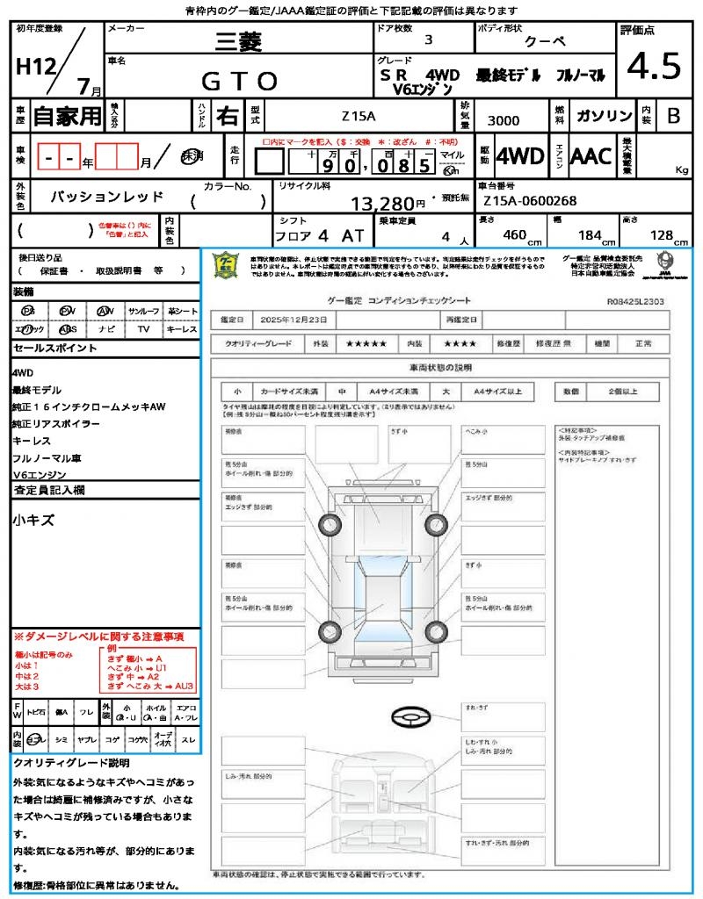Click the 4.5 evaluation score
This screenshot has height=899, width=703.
click(654, 66)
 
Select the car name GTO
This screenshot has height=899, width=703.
click(239, 81)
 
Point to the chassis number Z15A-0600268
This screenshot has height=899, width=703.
click(530, 201)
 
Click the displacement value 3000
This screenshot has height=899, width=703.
click(503, 121)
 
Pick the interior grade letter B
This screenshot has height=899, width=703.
click(673, 116)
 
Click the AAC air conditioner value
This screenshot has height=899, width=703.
click(591, 156)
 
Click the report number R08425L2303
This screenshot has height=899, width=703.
click(635, 300)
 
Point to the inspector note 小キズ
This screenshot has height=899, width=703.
click(33, 520)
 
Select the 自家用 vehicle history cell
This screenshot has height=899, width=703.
click(67, 115)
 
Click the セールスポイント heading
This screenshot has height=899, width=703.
click(54, 348)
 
